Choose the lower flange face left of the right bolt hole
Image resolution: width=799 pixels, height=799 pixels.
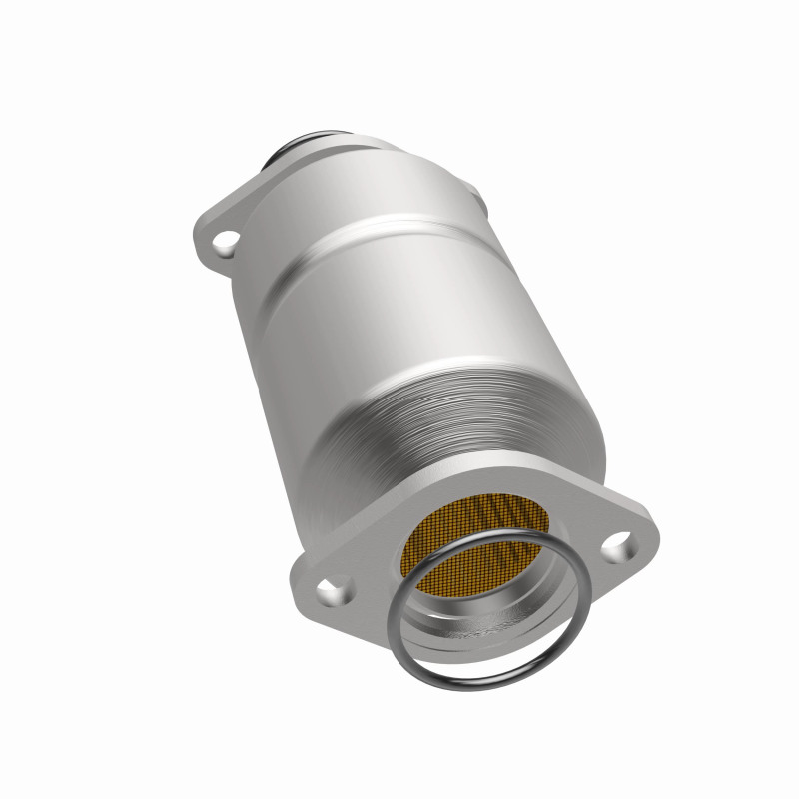(589, 554)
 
